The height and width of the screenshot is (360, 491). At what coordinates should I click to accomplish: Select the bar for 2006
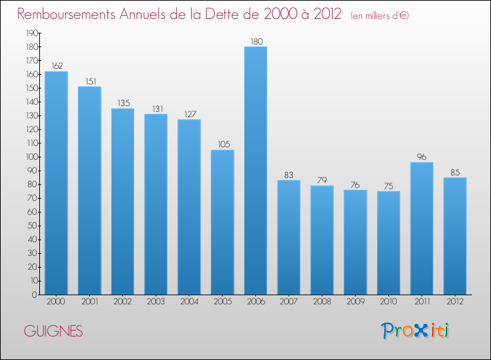point(255,170)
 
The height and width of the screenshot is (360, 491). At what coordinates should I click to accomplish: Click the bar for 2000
point(56,183)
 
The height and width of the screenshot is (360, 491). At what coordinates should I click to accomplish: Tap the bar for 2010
point(388,243)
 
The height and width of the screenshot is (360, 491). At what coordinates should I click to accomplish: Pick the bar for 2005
point(222,222)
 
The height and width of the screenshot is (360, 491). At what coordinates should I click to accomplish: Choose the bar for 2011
point(422,228)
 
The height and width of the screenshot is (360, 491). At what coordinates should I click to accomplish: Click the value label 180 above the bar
point(255,42)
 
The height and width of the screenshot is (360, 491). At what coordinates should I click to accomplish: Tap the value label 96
point(422,157)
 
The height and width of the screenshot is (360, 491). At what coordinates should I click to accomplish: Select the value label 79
point(322,181)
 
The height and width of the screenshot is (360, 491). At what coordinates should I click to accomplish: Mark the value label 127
point(189,115)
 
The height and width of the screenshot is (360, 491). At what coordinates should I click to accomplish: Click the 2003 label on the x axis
point(155,302)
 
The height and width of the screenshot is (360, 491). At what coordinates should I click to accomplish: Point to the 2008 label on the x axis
point(322,302)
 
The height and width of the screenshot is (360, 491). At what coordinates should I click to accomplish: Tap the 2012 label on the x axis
point(455,302)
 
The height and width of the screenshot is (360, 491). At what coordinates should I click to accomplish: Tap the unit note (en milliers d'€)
point(380,15)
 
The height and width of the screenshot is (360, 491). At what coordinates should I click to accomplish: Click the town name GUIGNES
point(53,331)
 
